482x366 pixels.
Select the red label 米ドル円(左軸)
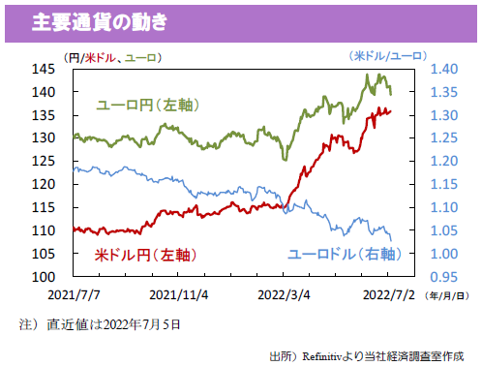click(144, 255)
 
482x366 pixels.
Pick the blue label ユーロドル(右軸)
click(343, 255)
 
